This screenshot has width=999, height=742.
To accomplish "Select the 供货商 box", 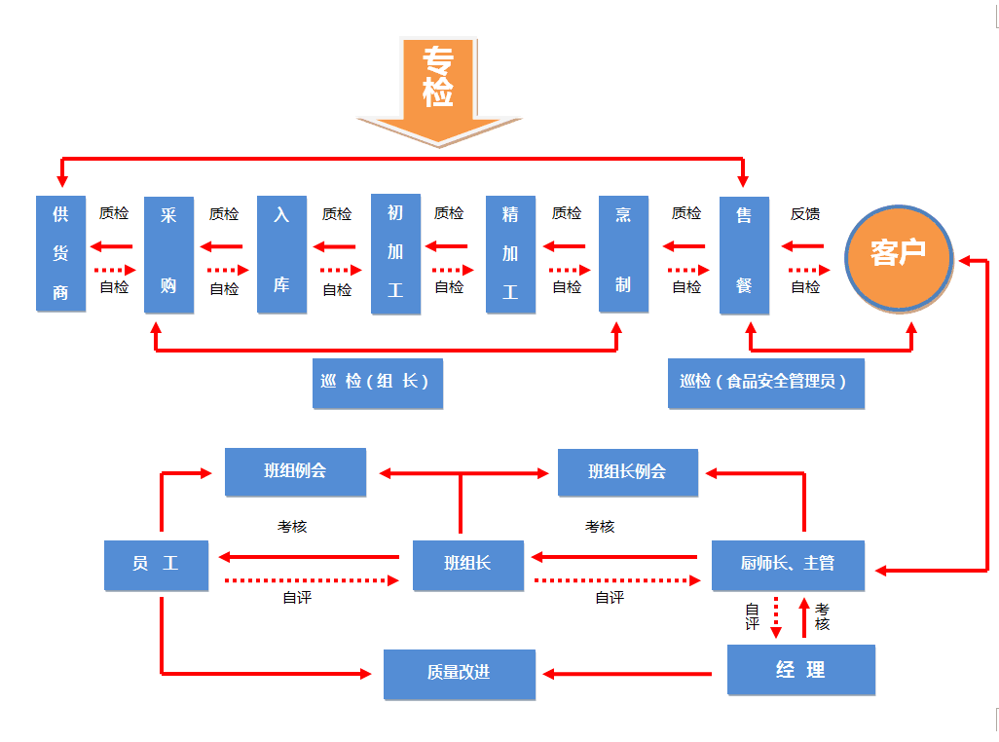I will click(60, 253).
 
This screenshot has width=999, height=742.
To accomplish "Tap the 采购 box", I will click(168, 254).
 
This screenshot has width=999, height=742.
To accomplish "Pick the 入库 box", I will click(281, 254).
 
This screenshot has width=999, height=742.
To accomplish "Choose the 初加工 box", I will click(395, 253).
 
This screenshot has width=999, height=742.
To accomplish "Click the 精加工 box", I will click(510, 254).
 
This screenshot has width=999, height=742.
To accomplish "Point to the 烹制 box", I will click(623, 253).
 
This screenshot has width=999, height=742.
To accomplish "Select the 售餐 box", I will click(744, 254).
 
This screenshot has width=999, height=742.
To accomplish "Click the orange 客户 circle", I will click(898, 253).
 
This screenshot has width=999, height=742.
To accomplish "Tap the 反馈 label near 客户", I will click(805, 214).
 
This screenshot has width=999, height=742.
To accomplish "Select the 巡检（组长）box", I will click(375, 383).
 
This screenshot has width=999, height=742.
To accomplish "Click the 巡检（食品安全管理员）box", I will click(765, 383).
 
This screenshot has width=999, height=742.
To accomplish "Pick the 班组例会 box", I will click(295, 472).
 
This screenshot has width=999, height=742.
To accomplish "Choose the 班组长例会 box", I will click(627, 472).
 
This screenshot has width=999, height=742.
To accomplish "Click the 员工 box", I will click(156, 565).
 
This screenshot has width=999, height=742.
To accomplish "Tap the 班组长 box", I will click(467, 565).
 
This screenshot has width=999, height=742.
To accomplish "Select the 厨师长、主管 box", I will click(788, 565).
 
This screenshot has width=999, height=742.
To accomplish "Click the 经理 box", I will click(800, 670).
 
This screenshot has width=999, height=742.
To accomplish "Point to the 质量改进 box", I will click(459, 674).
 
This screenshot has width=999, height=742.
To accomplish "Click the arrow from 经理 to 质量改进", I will click(628, 673).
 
